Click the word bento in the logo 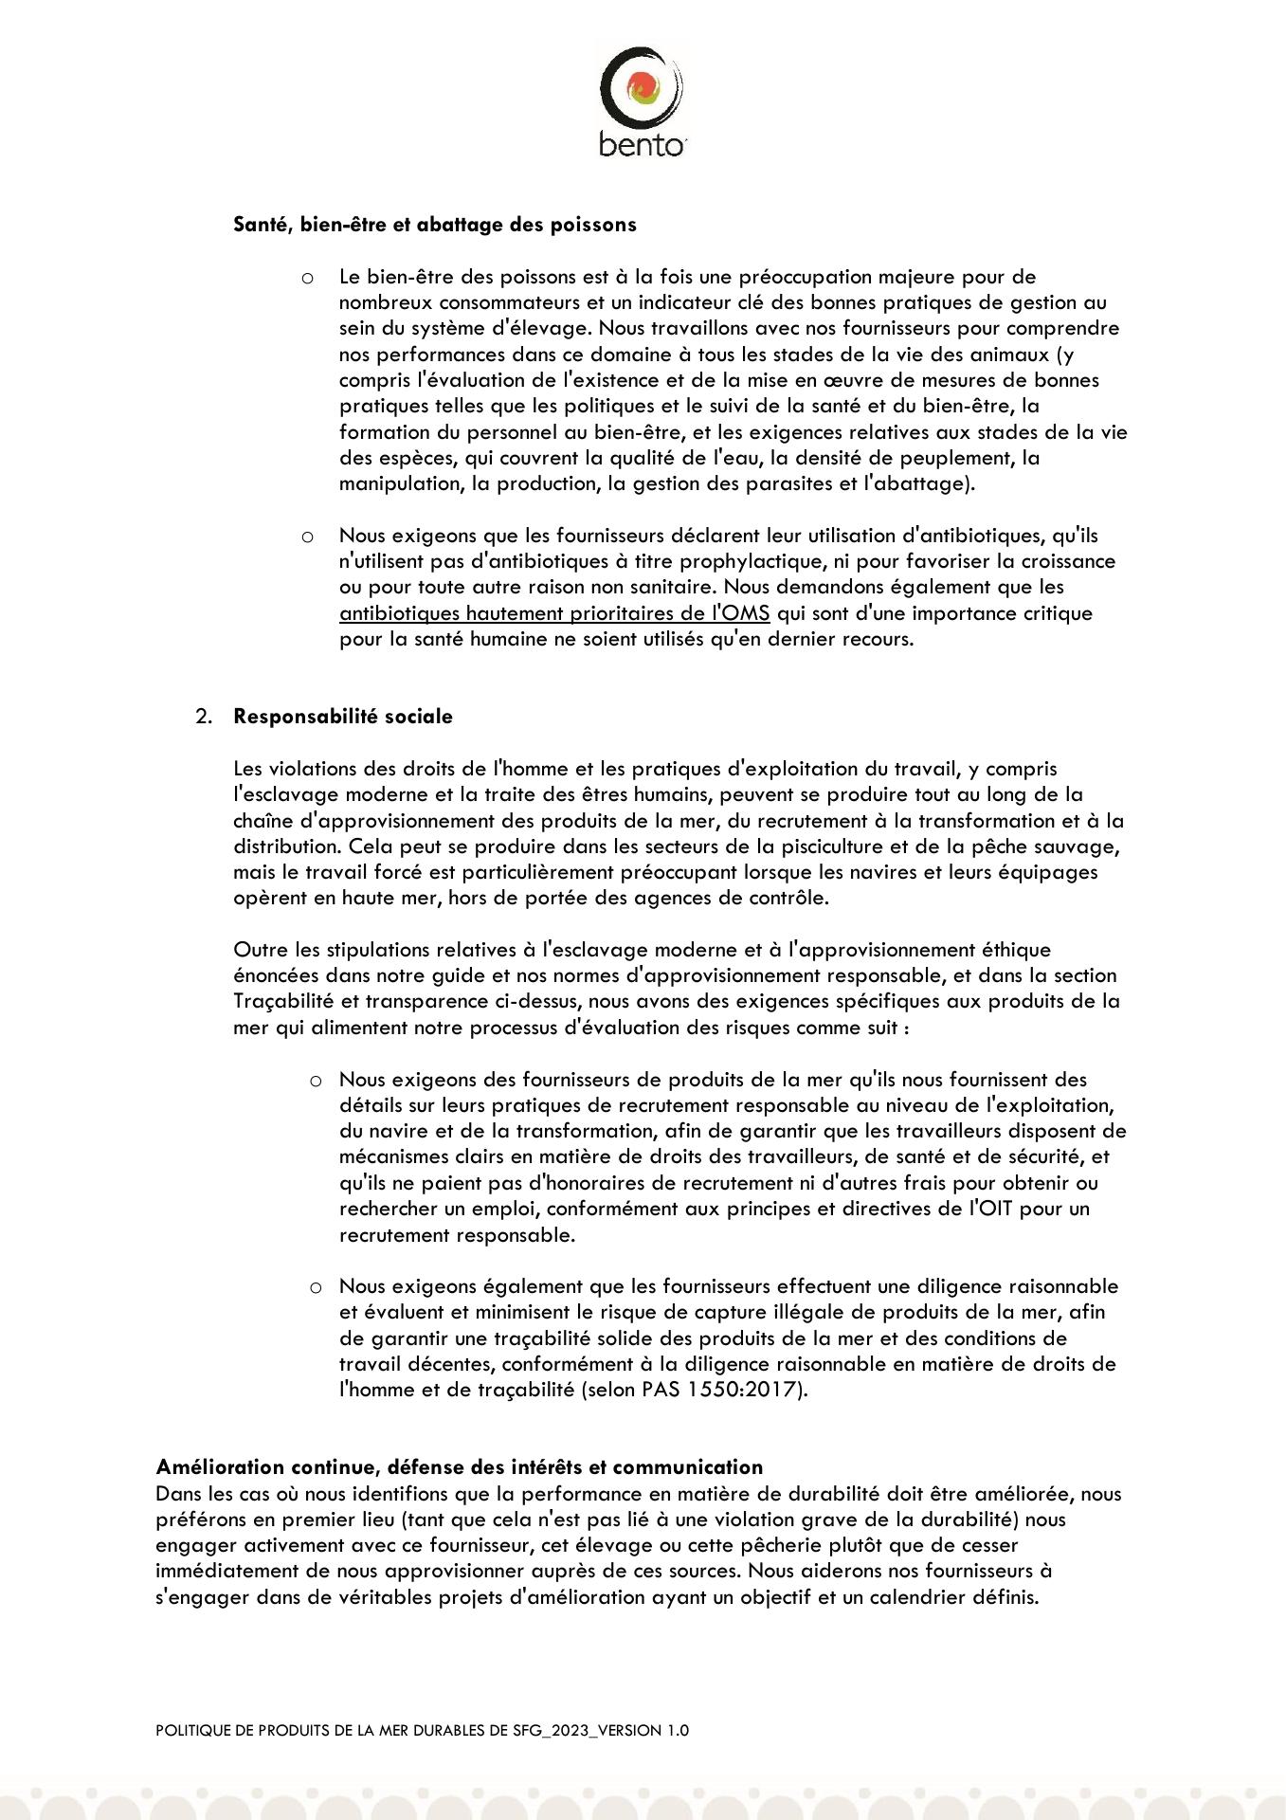[642, 145]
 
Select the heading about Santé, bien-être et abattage [435, 225]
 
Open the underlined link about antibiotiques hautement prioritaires [554, 613]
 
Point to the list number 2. [203, 717]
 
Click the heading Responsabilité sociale [343, 717]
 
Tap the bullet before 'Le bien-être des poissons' [307, 278]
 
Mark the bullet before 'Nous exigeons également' [317, 1287]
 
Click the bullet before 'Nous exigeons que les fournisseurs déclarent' [307, 537]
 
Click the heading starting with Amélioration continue [459, 1467]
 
